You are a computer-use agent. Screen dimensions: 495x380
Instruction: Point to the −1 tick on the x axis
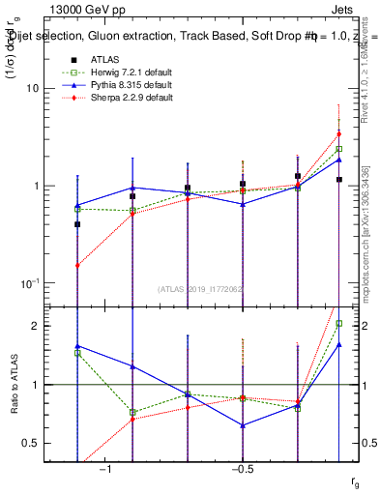point(104,469)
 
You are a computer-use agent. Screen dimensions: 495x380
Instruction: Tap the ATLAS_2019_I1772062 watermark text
point(201,289)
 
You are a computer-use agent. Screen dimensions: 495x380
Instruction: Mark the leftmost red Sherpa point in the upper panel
point(77,265)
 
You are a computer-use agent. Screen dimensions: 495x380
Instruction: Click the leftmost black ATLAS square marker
point(77,223)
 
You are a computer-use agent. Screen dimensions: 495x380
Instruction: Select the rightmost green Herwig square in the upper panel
point(339,149)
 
